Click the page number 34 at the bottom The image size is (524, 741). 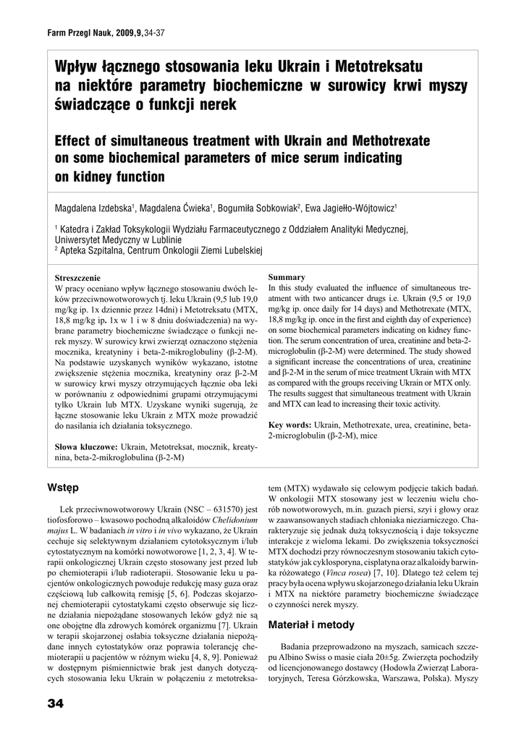pos(56,703)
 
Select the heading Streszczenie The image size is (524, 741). pos(78,278)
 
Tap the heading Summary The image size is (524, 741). pos(287,277)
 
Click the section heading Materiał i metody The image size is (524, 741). pos(311,624)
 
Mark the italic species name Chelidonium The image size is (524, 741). pos(228,520)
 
